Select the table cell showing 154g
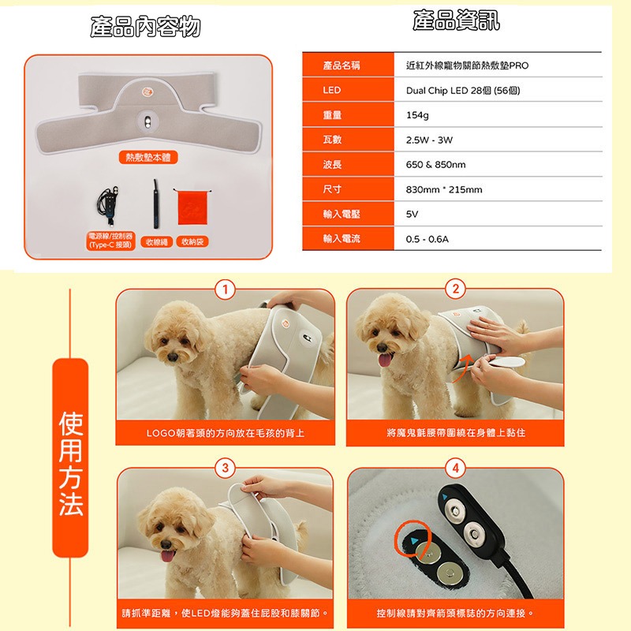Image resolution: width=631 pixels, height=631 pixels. (x=417, y=115)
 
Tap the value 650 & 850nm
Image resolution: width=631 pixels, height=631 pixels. (x=435, y=164)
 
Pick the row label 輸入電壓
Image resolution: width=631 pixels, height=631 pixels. (x=342, y=213)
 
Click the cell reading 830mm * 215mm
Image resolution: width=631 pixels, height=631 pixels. (x=443, y=189)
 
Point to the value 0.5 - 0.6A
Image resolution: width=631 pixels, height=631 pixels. (x=427, y=238)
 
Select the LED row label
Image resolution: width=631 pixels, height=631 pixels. (x=333, y=91)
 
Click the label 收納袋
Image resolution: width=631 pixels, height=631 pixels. (x=192, y=241)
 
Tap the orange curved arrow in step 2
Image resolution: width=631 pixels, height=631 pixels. (x=468, y=364)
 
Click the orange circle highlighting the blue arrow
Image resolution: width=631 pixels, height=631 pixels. (x=415, y=541)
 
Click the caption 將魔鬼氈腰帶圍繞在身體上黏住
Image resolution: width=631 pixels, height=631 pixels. (x=455, y=433)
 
